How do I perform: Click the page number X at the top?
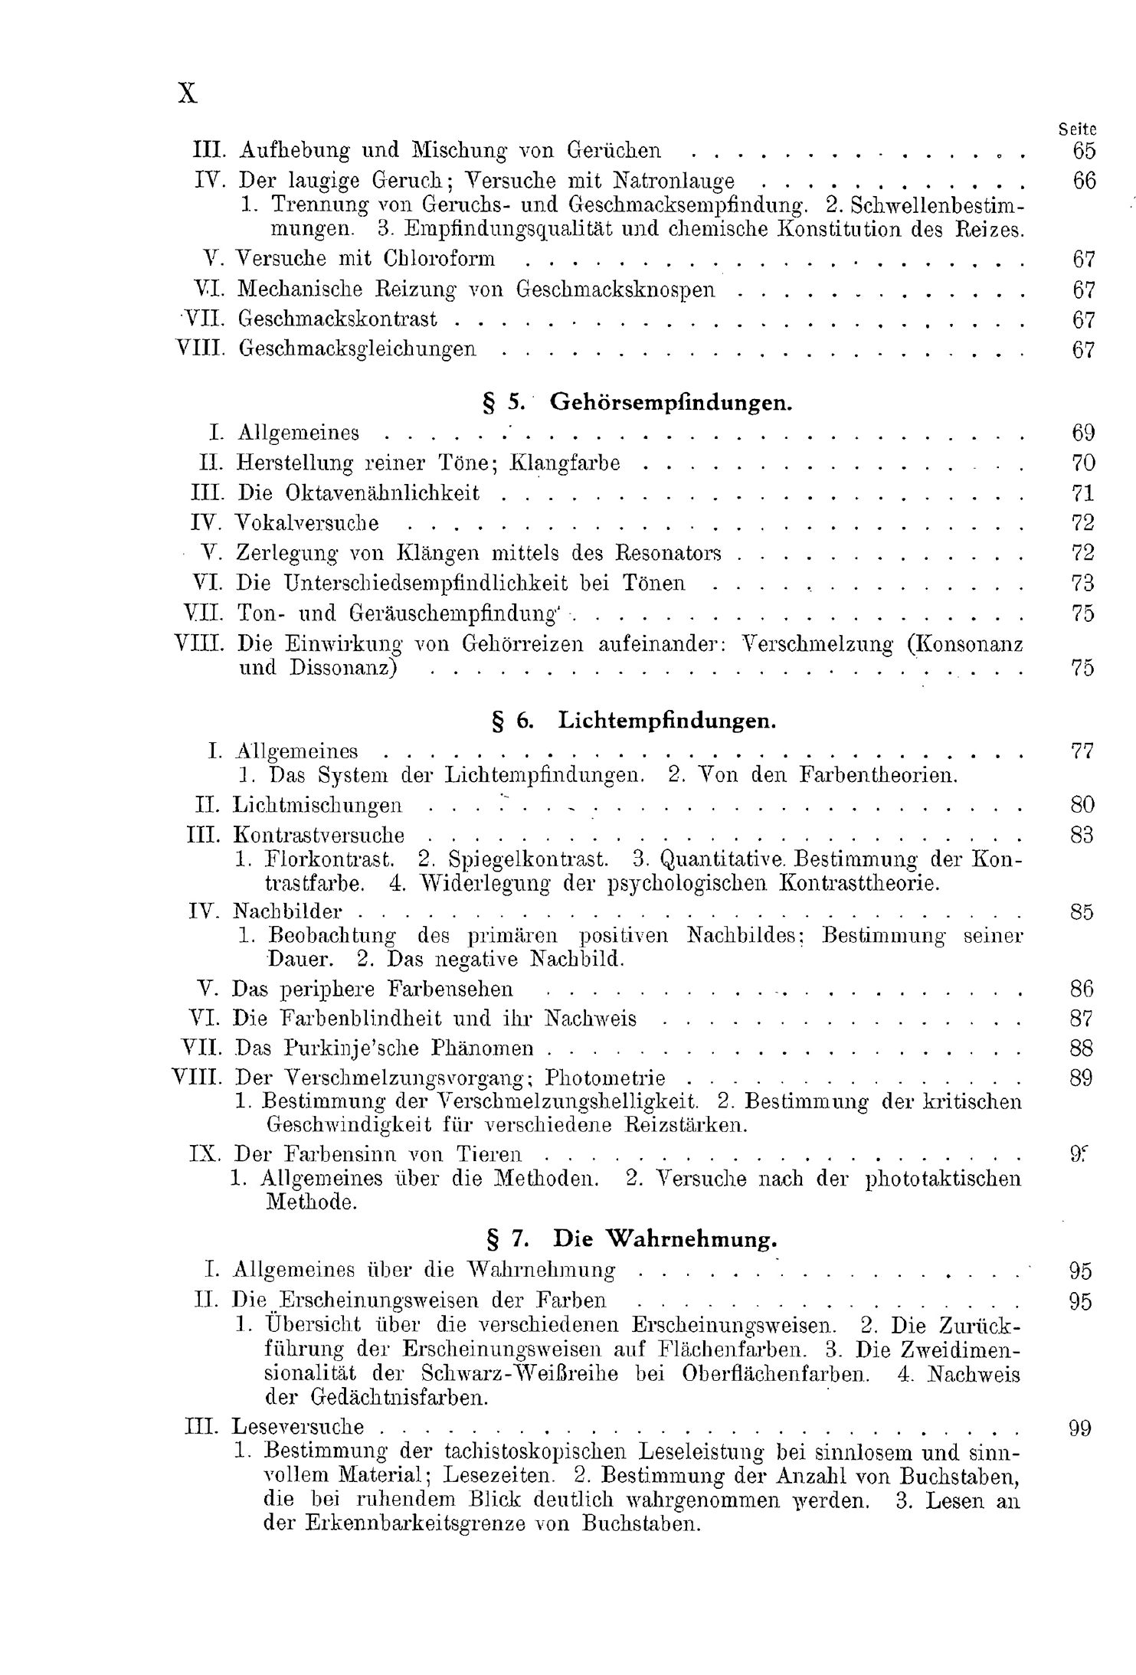click(187, 93)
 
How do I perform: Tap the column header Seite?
click(1077, 130)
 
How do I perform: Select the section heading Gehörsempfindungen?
click(671, 402)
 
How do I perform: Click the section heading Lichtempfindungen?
click(667, 720)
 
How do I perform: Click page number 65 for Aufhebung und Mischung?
click(1084, 150)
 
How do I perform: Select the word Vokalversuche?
click(307, 523)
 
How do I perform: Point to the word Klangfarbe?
click(565, 463)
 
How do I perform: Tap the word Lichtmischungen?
click(317, 805)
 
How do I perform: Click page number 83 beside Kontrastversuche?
click(1082, 835)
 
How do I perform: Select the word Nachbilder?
click(287, 911)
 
